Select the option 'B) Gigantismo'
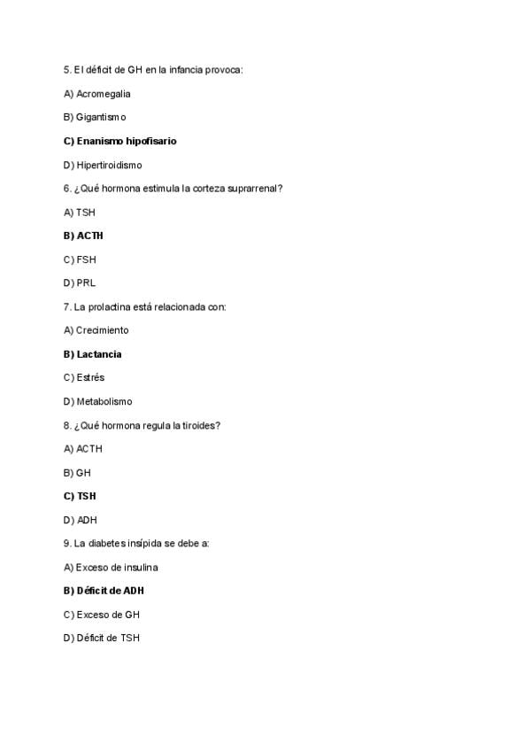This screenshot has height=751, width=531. click(x=95, y=117)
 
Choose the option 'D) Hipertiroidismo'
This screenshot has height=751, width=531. click(x=103, y=165)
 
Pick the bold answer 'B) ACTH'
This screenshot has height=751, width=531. click(x=83, y=236)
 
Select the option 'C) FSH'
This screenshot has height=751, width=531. click(x=80, y=259)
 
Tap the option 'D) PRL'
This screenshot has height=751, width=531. click(x=80, y=283)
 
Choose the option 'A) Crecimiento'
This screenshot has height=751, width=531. click(x=96, y=330)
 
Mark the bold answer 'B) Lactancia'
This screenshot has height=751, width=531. click(x=92, y=354)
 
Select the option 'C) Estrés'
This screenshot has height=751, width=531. click(x=83, y=377)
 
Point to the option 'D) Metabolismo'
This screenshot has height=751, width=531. click(x=97, y=401)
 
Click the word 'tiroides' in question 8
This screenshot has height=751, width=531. click(x=203, y=425)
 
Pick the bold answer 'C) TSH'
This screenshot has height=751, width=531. click(x=80, y=496)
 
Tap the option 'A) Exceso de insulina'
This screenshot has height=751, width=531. click(x=111, y=567)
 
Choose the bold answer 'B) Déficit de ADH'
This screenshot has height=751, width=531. click(x=104, y=591)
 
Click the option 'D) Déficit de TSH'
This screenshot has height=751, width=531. click(x=101, y=638)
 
